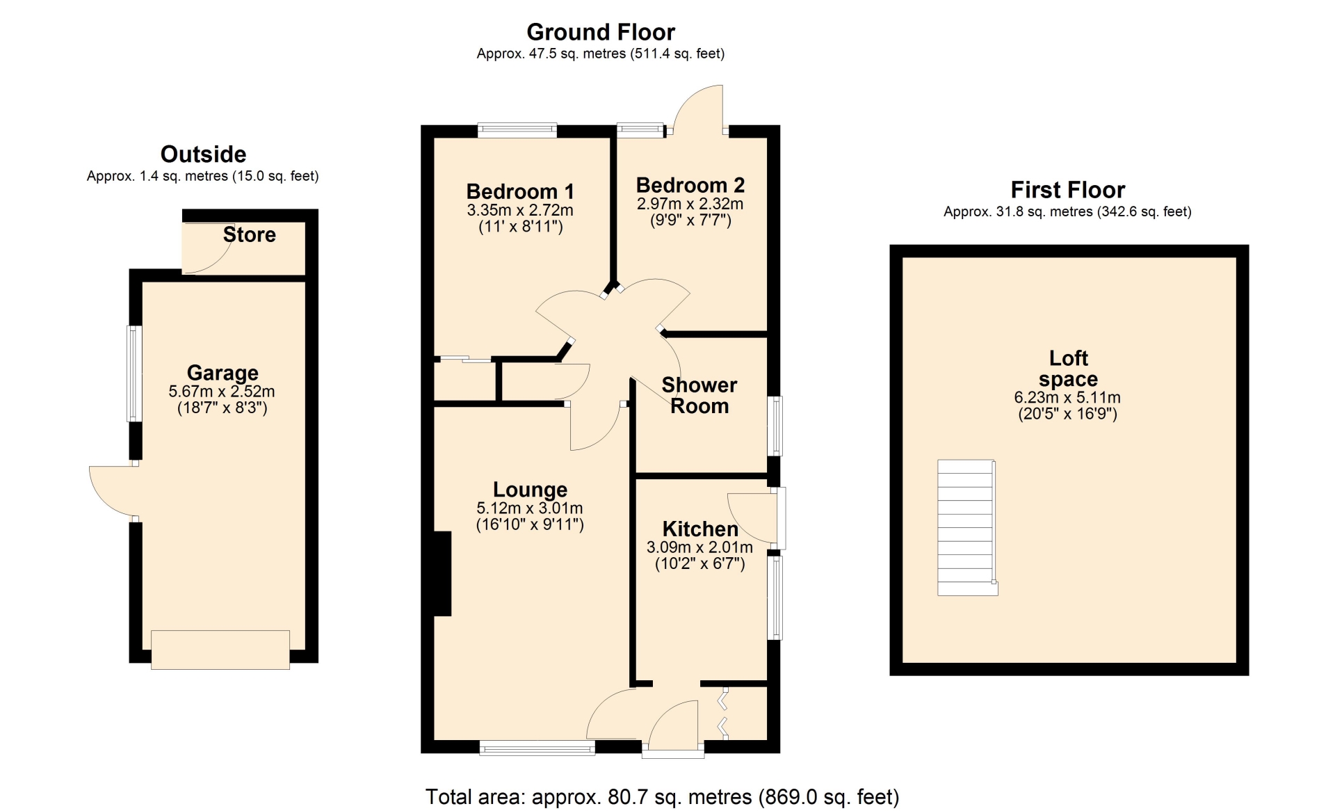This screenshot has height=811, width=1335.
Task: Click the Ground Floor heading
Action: click(x=601, y=32)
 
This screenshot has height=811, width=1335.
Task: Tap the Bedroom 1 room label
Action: click(x=520, y=191)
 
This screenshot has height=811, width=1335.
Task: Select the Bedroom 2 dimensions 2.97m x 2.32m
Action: click(x=690, y=204)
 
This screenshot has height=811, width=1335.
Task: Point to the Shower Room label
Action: click(x=699, y=395)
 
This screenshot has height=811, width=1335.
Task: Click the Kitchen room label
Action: click(x=700, y=529)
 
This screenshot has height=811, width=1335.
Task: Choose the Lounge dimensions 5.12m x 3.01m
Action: click(x=530, y=508)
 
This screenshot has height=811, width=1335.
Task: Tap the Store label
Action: click(x=249, y=234)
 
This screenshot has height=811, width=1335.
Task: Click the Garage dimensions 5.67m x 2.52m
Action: click(x=222, y=392)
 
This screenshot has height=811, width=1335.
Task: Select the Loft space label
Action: click(x=1069, y=369)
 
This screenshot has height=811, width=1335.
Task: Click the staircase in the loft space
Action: click(x=967, y=527)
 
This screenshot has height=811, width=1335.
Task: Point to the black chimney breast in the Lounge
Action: click(x=442, y=574)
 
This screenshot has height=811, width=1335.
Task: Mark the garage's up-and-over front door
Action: click(x=220, y=650)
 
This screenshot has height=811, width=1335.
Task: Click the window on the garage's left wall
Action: click(x=134, y=374)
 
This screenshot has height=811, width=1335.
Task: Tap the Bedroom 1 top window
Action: click(x=517, y=130)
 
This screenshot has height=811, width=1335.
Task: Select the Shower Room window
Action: click(x=775, y=426)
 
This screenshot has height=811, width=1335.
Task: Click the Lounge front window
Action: click(x=537, y=748)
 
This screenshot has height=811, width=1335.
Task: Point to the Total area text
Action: click(x=662, y=796)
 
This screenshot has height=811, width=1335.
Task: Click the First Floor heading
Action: click(x=1067, y=190)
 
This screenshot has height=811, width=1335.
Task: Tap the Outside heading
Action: click(x=203, y=154)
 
